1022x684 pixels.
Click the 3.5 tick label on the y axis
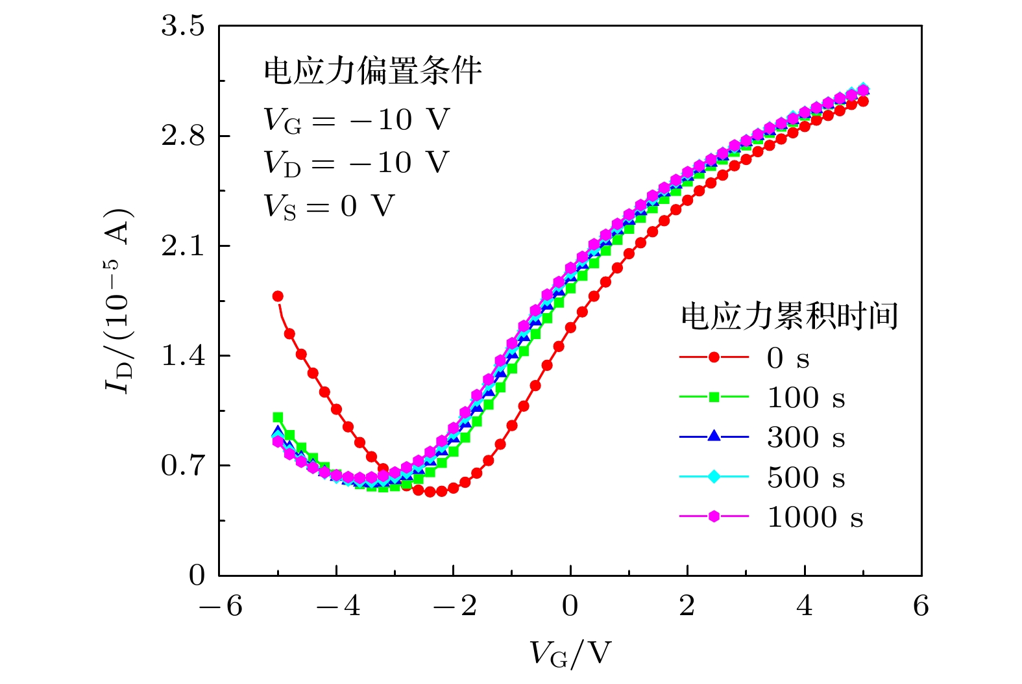pyautogui.click(x=182, y=27)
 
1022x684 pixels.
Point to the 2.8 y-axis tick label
pyautogui.click(x=182, y=136)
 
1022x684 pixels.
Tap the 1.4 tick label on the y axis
pyautogui.click(x=182, y=356)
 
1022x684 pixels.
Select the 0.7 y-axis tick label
pyautogui.click(x=182, y=466)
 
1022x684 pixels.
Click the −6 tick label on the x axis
pyautogui.click(x=220, y=606)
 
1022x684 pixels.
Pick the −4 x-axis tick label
pyautogui.click(x=337, y=606)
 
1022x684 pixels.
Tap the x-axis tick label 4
pyautogui.click(x=805, y=606)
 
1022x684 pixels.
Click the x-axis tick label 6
pyautogui.click(x=921, y=606)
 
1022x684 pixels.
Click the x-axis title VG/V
pyautogui.click(x=570, y=653)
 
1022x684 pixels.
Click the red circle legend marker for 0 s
pyautogui.click(x=714, y=357)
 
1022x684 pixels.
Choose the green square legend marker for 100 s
pyautogui.click(x=714, y=397)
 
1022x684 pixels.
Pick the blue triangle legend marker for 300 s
pyautogui.click(x=714, y=437)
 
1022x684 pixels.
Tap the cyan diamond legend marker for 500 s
pyautogui.click(x=714, y=477)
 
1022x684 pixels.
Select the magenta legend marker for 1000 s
pyautogui.click(x=714, y=516)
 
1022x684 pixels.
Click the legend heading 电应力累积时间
pyautogui.click(x=789, y=316)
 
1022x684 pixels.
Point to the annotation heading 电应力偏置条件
pyautogui.click(x=372, y=71)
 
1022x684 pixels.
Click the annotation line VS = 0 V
pyautogui.click(x=329, y=207)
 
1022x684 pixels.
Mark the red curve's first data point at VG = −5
pyautogui.click(x=278, y=296)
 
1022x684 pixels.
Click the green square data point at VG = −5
pyautogui.click(x=278, y=418)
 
